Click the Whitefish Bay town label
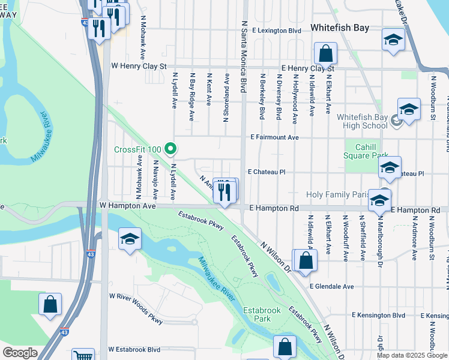click(x=339, y=28)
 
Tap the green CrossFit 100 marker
click(x=170, y=148)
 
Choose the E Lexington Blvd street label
click(x=276, y=30)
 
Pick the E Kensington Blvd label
click(x=379, y=315)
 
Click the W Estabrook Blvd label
click(x=134, y=349)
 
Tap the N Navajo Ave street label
click(x=155, y=179)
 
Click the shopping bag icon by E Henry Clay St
click(x=325, y=53)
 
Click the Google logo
click(x=20, y=353)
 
